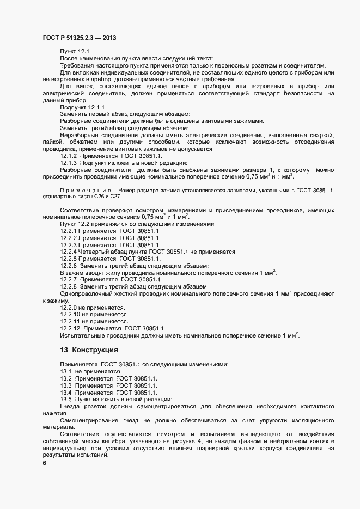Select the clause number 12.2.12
pyautogui.click(x=70, y=328)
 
